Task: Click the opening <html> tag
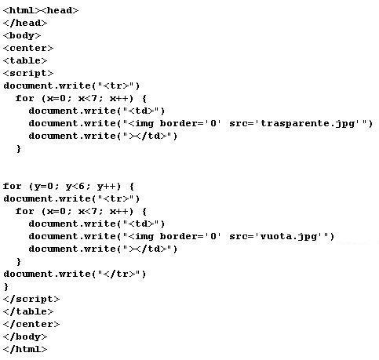click(22, 10)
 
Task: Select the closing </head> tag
click(25, 23)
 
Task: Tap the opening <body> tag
click(22, 35)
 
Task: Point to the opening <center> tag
click(28, 48)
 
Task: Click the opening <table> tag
click(25, 60)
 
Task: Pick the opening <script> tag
click(28, 73)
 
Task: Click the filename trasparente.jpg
click(308, 124)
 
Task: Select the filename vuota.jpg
click(289, 237)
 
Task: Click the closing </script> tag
click(31, 299)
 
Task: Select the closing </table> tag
click(28, 311)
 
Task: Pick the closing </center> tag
click(31, 324)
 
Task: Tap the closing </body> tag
click(25, 336)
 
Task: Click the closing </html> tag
click(25, 349)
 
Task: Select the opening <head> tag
click(60, 10)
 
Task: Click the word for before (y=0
click(12, 186)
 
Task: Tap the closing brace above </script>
click(6, 287)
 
